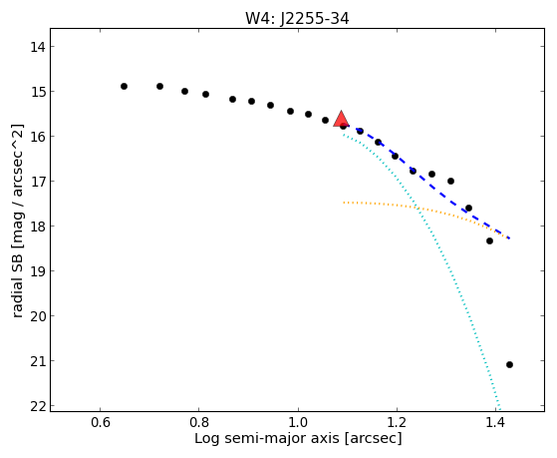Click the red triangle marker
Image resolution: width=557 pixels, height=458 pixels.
click(x=341, y=119)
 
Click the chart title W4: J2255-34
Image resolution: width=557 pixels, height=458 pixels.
click(x=297, y=19)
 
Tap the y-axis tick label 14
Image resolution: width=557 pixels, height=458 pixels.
click(x=38, y=47)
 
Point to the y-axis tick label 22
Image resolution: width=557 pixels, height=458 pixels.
click(x=38, y=406)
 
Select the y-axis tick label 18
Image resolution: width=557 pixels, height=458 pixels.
click(x=38, y=227)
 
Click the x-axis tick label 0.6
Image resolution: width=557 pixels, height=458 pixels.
click(x=101, y=422)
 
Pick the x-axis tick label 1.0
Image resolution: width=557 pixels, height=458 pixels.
click(x=298, y=422)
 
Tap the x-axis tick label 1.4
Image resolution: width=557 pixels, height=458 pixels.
click(x=495, y=422)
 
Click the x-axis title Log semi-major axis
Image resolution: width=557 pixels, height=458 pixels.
click(x=267, y=438)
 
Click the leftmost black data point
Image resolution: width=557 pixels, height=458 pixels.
click(x=124, y=86)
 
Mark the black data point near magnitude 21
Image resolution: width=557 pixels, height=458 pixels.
click(x=509, y=364)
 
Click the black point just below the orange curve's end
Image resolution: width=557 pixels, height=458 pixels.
click(x=489, y=240)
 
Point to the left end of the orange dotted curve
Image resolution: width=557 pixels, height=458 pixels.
click(x=344, y=203)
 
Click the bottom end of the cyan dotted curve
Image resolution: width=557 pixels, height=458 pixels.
click(x=499, y=409)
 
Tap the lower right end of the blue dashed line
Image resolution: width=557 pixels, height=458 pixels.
click(x=510, y=238)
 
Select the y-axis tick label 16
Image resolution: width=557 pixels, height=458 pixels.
click(x=38, y=137)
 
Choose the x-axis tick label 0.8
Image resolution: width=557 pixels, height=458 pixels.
click(x=199, y=422)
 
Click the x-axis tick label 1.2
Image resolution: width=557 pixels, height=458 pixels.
click(x=397, y=422)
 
